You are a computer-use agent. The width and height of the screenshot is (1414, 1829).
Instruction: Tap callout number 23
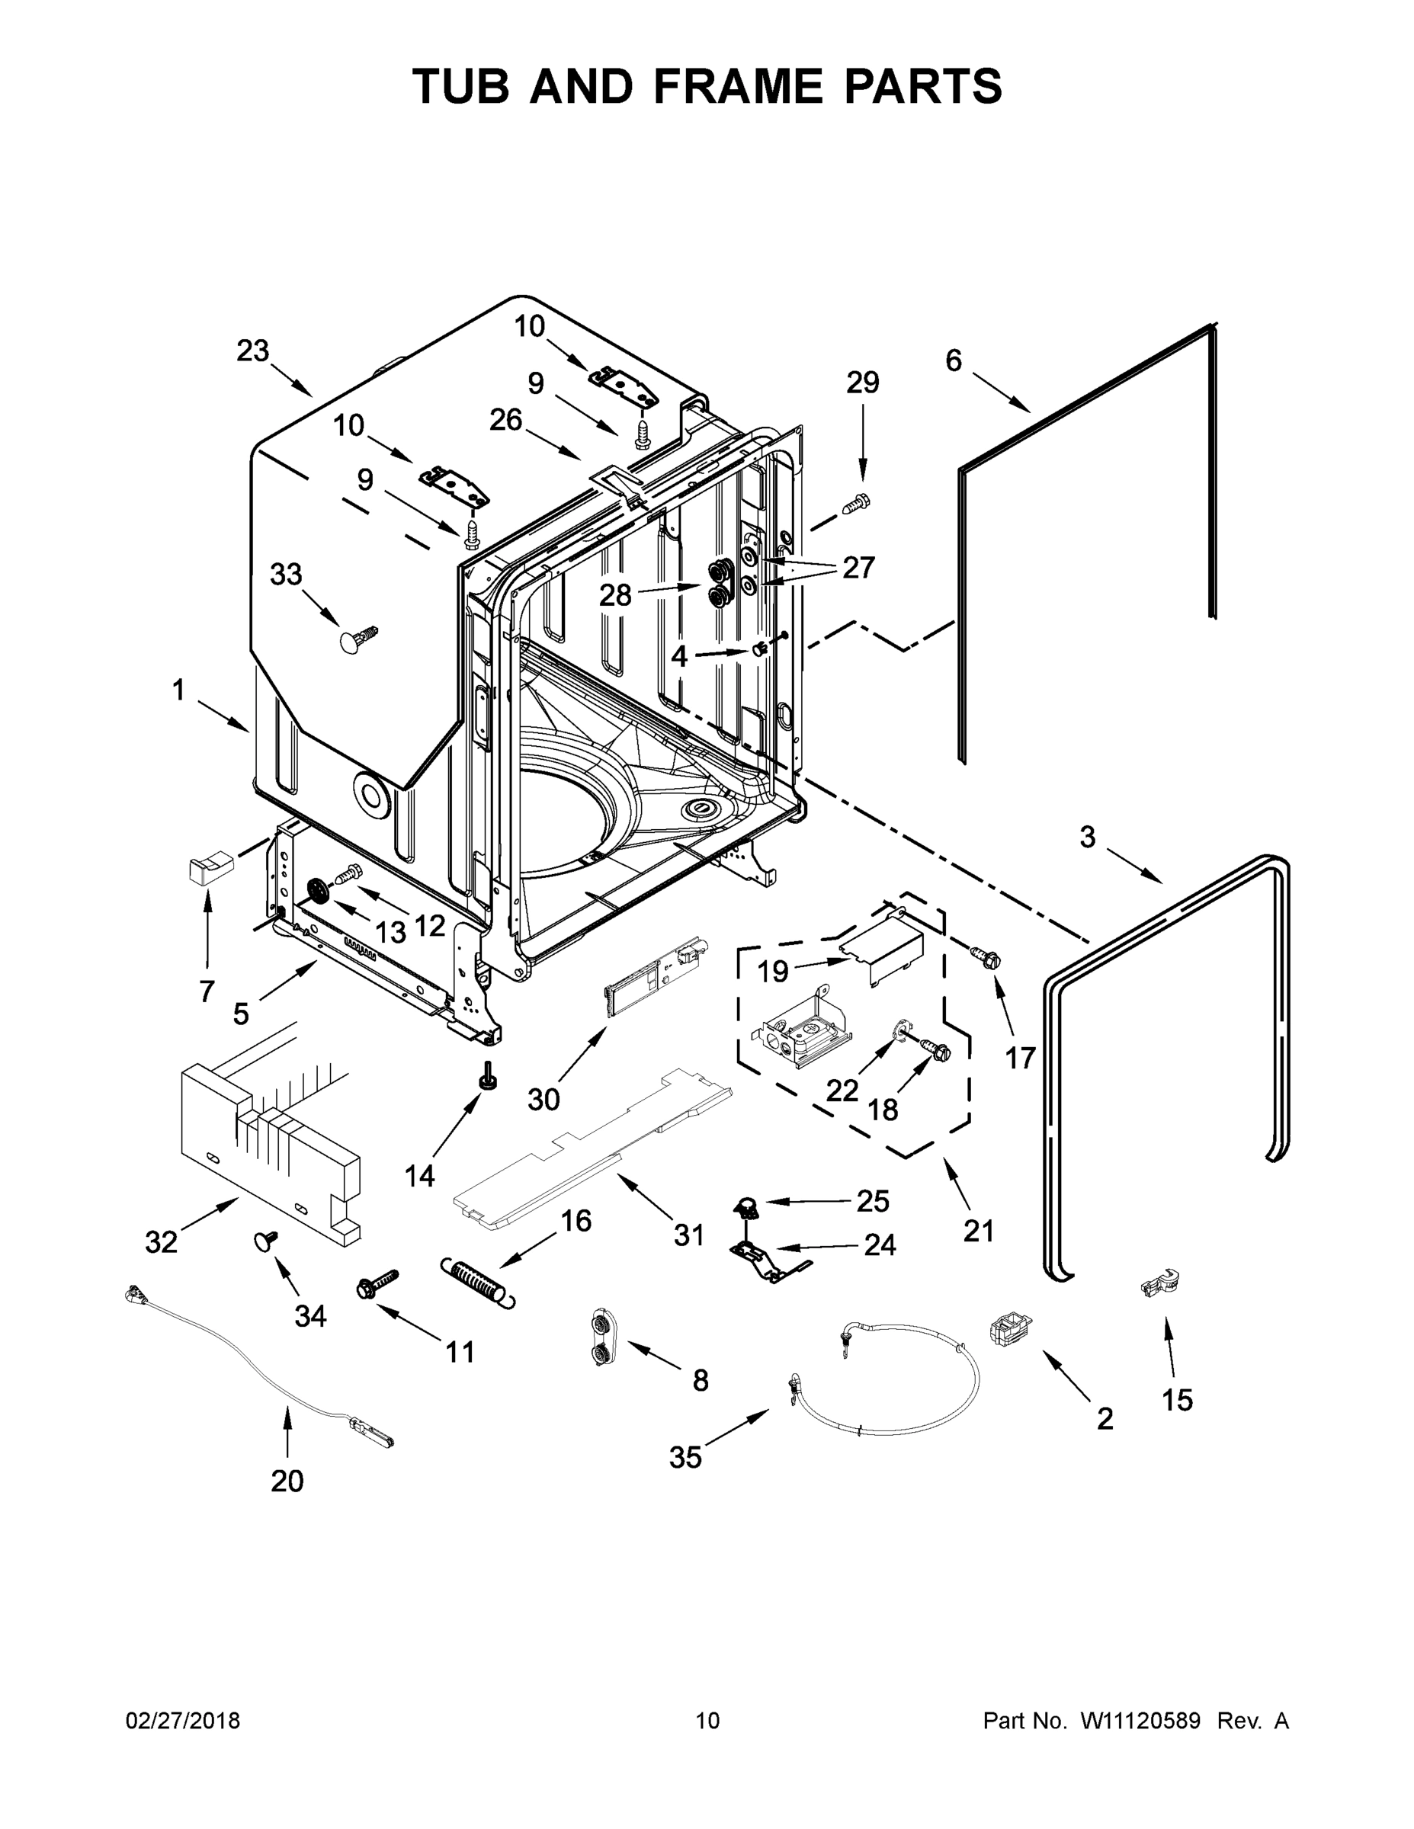click(252, 350)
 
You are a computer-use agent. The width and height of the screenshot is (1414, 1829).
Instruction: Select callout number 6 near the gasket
click(954, 360)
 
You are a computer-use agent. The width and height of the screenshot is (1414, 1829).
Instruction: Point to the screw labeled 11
click(378, 1285)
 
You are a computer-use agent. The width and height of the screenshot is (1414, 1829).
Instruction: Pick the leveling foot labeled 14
click(486, 1075)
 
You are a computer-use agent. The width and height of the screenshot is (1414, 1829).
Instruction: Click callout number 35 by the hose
click(685, 1457)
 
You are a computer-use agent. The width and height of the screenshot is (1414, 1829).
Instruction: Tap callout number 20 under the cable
click(287, 1481)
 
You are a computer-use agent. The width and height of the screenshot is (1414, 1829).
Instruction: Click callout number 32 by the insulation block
click(161, 1241)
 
